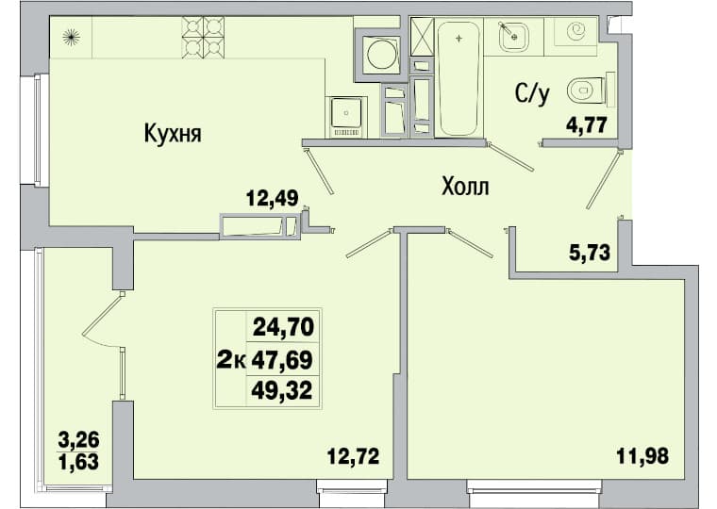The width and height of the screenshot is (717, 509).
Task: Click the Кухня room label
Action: [173, 134]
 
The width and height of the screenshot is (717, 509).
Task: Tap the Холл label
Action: [465, 187]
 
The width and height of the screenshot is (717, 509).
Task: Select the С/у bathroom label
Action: [532, 93]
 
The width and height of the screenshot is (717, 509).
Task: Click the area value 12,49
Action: [272, 198]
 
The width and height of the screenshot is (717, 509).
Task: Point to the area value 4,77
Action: [586, 124]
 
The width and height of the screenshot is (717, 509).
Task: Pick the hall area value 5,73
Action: [590, 252]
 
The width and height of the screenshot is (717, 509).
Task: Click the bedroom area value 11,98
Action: [642, 455]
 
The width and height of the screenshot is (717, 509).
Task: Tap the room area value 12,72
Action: [354, 455]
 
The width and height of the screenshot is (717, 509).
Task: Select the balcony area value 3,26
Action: [78, 440]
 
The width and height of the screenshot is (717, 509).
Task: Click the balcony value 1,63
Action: [78, 462]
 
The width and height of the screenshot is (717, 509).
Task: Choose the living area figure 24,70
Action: [284, 327]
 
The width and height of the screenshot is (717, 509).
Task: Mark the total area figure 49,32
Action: [282, 390]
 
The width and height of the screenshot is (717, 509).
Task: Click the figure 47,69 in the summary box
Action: [282, 359]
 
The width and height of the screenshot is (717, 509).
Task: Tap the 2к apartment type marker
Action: [231, 360]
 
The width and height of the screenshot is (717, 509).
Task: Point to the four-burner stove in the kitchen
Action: [203, 38]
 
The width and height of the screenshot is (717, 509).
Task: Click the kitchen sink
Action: [346, 117]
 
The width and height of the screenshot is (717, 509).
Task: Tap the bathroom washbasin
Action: [514, 37]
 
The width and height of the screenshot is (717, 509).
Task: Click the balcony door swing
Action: [104, 321]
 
